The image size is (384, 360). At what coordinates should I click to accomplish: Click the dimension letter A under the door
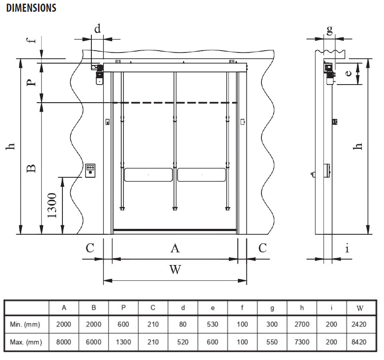175,248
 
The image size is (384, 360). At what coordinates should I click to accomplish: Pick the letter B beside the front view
30,168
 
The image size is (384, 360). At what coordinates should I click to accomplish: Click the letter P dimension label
30,83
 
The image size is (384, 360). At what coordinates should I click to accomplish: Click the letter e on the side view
348,73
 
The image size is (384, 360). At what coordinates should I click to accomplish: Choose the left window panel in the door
148,174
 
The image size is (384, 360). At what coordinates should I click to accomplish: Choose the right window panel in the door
201,174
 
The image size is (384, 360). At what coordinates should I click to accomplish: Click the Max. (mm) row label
26,342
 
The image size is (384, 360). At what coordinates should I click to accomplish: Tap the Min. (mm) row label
26,325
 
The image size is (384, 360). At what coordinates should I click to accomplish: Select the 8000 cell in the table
64,342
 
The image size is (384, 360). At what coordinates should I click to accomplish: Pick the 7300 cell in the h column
302,342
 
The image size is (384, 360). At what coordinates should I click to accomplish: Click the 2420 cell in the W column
361,325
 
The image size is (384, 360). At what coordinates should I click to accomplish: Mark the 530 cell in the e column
213,325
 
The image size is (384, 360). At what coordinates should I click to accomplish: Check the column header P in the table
123,308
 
